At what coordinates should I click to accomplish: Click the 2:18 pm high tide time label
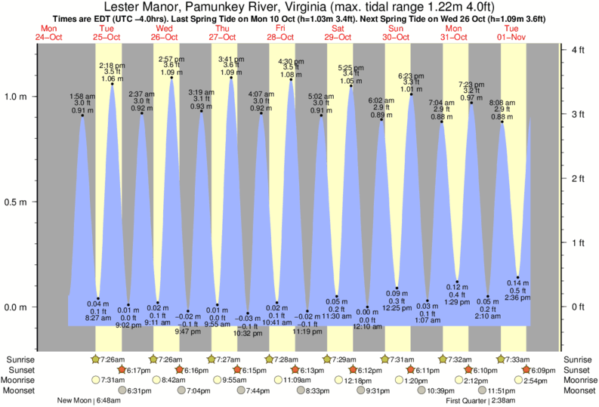tap(112, 66)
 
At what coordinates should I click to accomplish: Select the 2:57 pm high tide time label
tap(171, 58)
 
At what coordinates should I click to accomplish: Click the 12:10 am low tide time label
tap(368, 326)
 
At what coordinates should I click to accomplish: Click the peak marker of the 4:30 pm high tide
tap(292, 79)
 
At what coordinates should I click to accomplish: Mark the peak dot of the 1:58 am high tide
tap(82, 115)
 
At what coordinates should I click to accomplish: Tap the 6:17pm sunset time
tap(136, 370)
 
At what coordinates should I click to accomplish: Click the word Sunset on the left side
tap(18, 370)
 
